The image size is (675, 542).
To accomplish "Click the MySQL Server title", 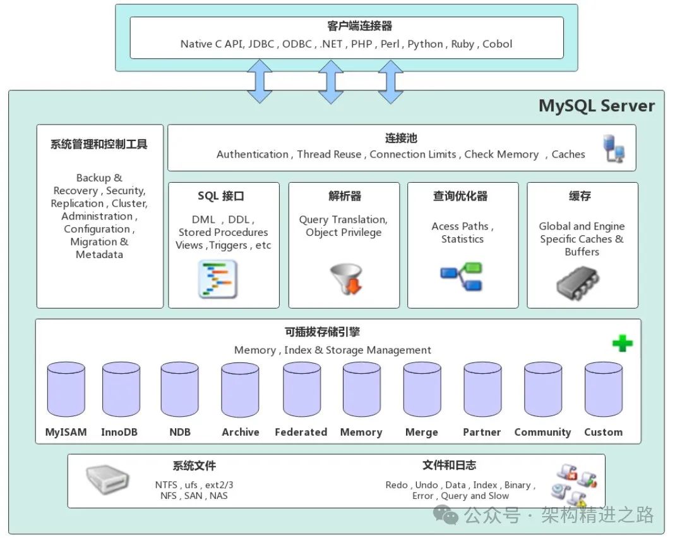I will coord(596,106).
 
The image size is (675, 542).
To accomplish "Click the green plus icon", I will coord(622,343).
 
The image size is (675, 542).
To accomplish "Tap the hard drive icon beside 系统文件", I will coord(108,480).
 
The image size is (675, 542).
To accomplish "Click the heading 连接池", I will coord(401,139).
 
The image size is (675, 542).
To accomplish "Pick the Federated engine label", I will coord(301,433).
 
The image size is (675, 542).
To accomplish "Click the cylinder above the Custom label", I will coord(603,389).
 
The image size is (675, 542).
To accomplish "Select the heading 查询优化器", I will coord(460,196).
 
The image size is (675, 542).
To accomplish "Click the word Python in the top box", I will coord(425,44).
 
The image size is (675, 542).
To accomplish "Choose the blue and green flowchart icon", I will coord(461,276).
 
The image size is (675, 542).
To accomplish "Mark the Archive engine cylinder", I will coord(240,389).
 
